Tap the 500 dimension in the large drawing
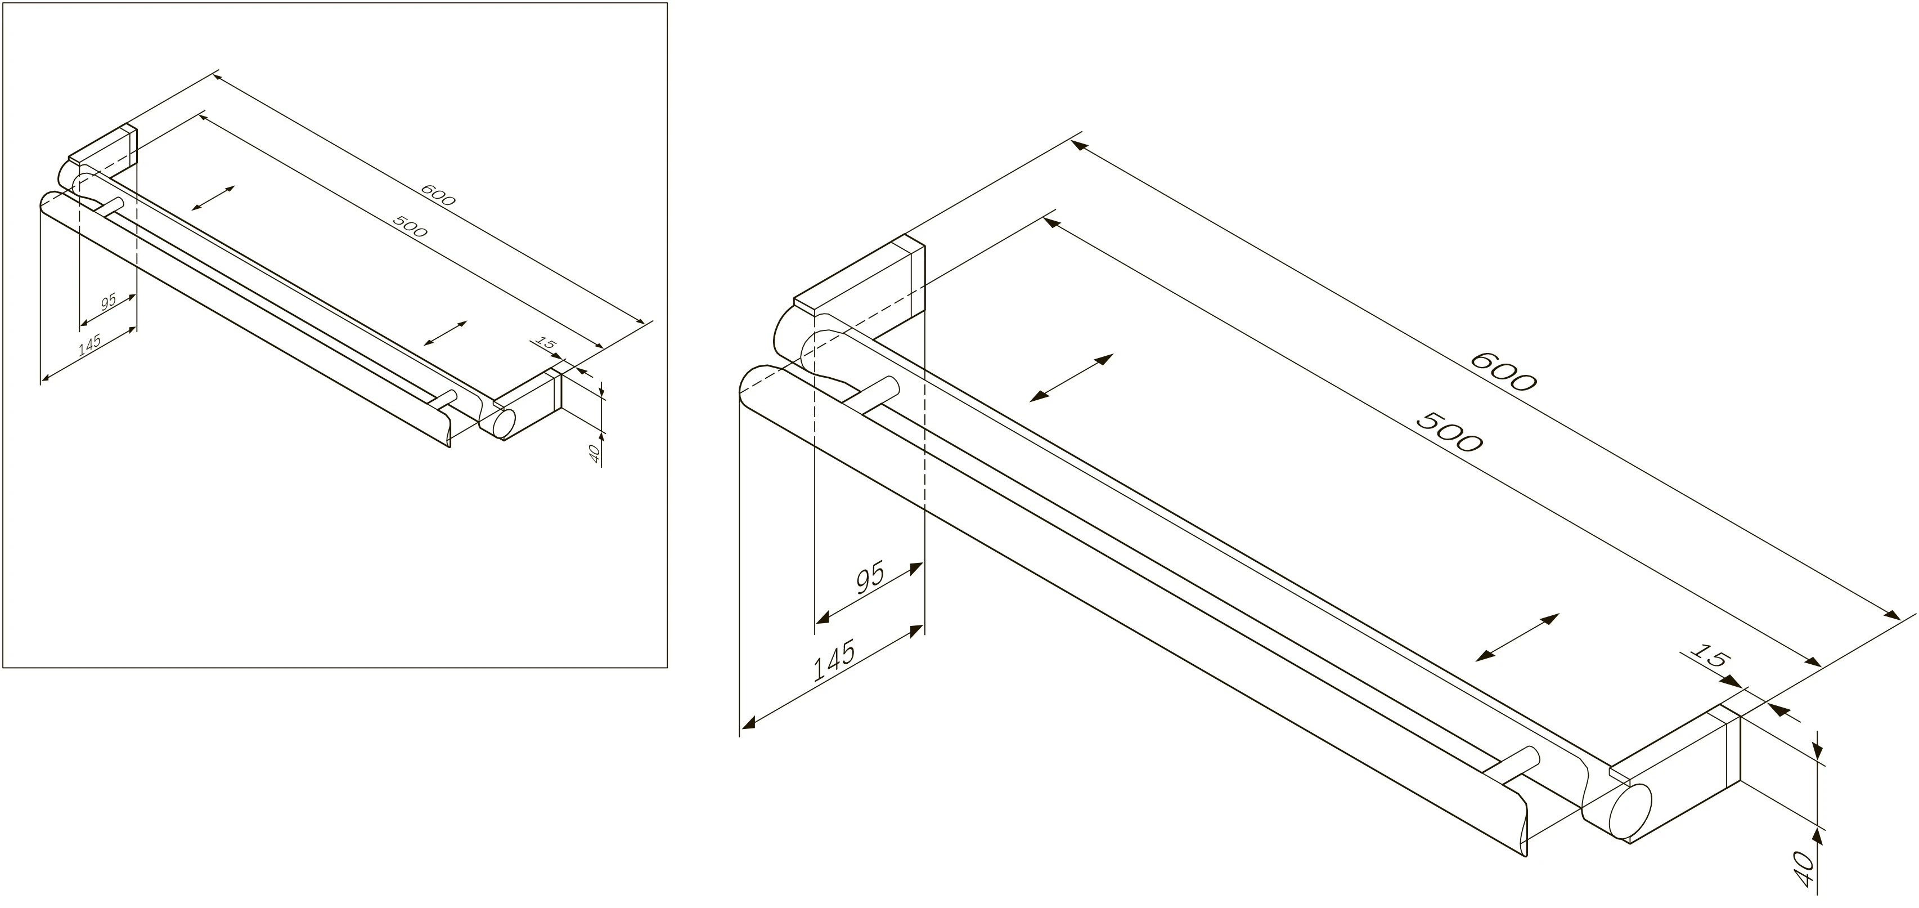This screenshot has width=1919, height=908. (1448, 432)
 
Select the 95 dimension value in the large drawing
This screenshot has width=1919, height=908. (869, 577)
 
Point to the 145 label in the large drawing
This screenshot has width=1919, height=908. (834, 660)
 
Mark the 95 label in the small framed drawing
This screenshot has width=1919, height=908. (109, 301)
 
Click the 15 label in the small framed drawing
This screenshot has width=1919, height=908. (546, 344)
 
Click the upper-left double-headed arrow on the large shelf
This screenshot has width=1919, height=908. (1071, 378)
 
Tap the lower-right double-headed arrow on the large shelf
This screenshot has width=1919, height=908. (1517, 637)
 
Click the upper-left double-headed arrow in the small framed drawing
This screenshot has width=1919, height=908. (213, 198)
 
